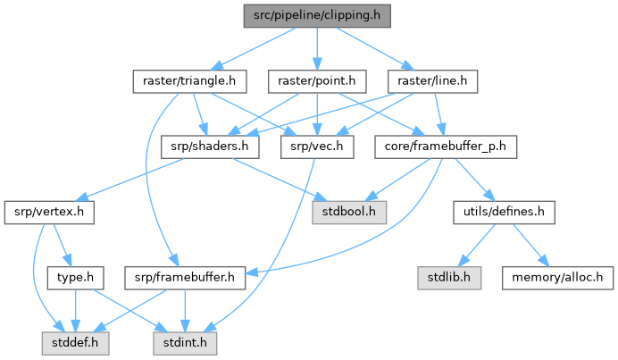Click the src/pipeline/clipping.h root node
pos(316,14)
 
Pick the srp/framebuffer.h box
pos(185,278)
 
